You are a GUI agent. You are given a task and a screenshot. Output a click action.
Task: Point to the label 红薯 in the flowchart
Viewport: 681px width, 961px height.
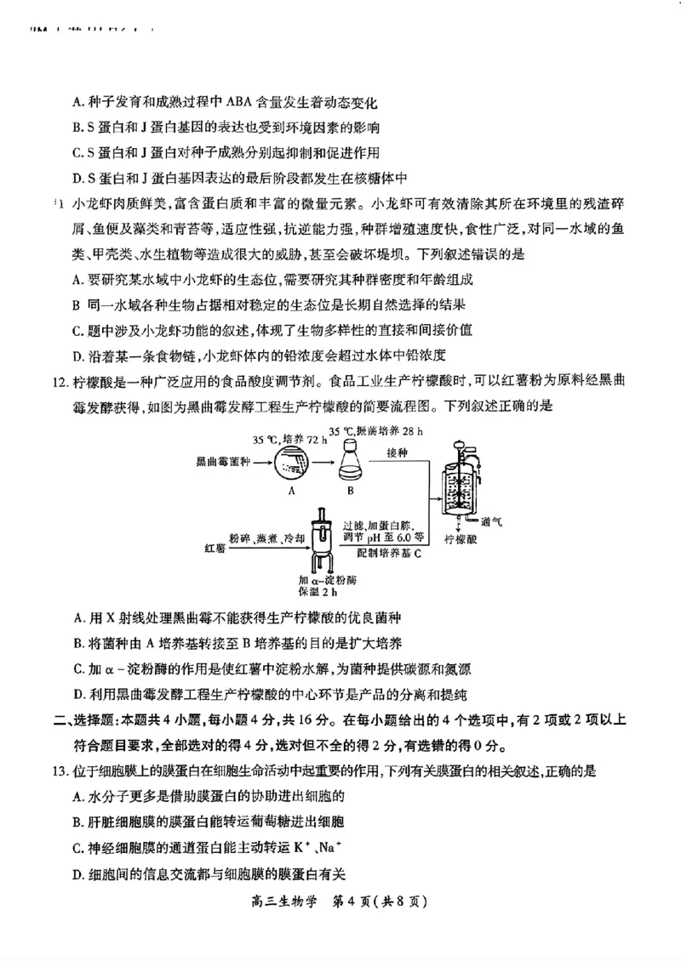click(214, 543)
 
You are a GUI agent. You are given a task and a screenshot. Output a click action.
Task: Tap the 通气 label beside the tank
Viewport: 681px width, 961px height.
click(491, 521)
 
